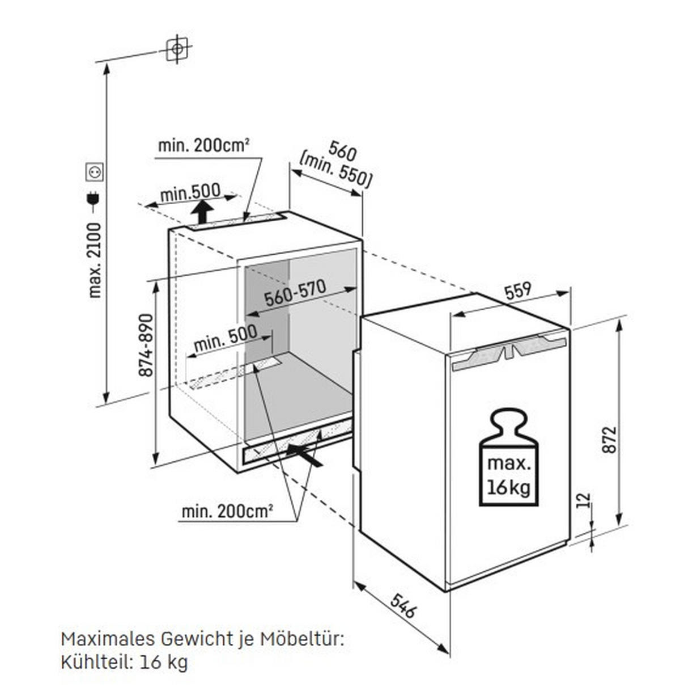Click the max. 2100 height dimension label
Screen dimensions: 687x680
tap(94, 260)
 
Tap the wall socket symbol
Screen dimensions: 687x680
tap(94, 171)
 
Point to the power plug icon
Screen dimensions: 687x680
tap(93, 199)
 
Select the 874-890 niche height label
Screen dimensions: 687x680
tap(146, 345)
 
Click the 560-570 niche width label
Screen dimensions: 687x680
tap(295, 293)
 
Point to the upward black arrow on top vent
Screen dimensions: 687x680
tap(202, 214)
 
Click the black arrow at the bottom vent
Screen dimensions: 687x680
tap(305, 454)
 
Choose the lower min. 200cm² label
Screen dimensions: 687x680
tap(227, 512)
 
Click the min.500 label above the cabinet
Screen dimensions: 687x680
tap(190, 192)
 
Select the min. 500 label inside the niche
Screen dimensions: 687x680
tap(225, 338)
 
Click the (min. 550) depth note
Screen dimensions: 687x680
tap(335, 170)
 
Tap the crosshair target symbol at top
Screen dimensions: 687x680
tap(177, 49)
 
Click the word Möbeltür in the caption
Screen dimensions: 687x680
tap(301, 639)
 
